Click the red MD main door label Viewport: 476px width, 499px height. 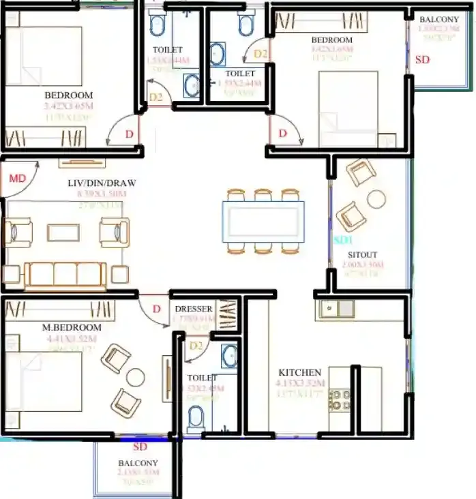[x=16, y=179]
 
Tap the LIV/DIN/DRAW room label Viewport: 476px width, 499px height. [x=102, y=183]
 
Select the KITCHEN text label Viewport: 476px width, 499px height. [x=299, y=373]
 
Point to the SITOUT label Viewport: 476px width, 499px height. [x=361, y=255]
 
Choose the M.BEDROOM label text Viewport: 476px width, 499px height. [x=71, y=327]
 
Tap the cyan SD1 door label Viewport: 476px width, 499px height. [x=342, y=241]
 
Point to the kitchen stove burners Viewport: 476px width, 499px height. [x=339, y=399]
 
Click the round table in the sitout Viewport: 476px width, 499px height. [x=376, y=199]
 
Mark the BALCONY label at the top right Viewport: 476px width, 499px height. [x=439, y=19]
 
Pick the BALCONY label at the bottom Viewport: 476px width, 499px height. [x=138, y=464]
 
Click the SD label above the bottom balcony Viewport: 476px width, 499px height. [x=140, y=447]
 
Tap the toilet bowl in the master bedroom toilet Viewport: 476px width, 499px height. [x=196, y=417]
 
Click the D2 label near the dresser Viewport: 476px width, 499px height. [x=196, y=346]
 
